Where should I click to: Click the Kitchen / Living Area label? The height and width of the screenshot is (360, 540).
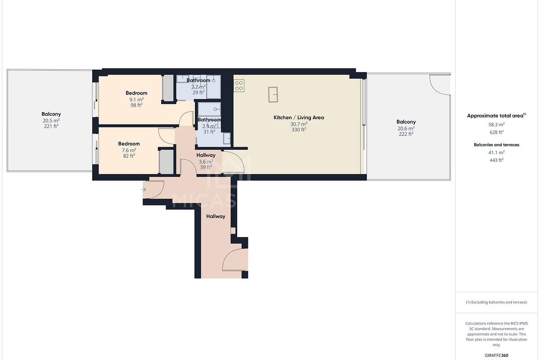coord(299,117)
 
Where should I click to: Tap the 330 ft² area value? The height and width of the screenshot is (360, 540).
coord(299,130)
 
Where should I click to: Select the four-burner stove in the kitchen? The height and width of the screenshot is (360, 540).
coord(239,85)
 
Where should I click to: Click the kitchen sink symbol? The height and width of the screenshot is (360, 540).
coord(273,94)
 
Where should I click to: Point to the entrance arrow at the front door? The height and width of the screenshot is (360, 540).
coord(144,190)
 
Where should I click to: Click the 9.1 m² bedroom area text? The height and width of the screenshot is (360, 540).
coord(136,99)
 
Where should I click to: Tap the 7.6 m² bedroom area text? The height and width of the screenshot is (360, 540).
coord(129,150)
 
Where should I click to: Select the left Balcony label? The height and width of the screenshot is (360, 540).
coord(51,114)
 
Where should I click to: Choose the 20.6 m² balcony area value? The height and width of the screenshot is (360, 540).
coord(406,128)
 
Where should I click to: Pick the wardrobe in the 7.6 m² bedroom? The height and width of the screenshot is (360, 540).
coord(166,161)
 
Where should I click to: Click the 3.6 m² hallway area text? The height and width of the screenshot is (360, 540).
coord(206,161)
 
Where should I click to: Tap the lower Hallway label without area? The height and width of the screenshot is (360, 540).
coord(216,216)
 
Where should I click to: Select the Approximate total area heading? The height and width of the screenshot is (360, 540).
coord(495,116)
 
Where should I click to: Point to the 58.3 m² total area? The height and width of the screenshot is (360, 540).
coord(496,124)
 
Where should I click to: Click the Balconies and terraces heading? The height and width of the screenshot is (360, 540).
coord(496,145)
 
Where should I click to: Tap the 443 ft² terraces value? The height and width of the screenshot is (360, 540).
coord(496,160)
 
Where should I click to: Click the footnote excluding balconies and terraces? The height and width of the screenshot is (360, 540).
coord(496,302)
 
